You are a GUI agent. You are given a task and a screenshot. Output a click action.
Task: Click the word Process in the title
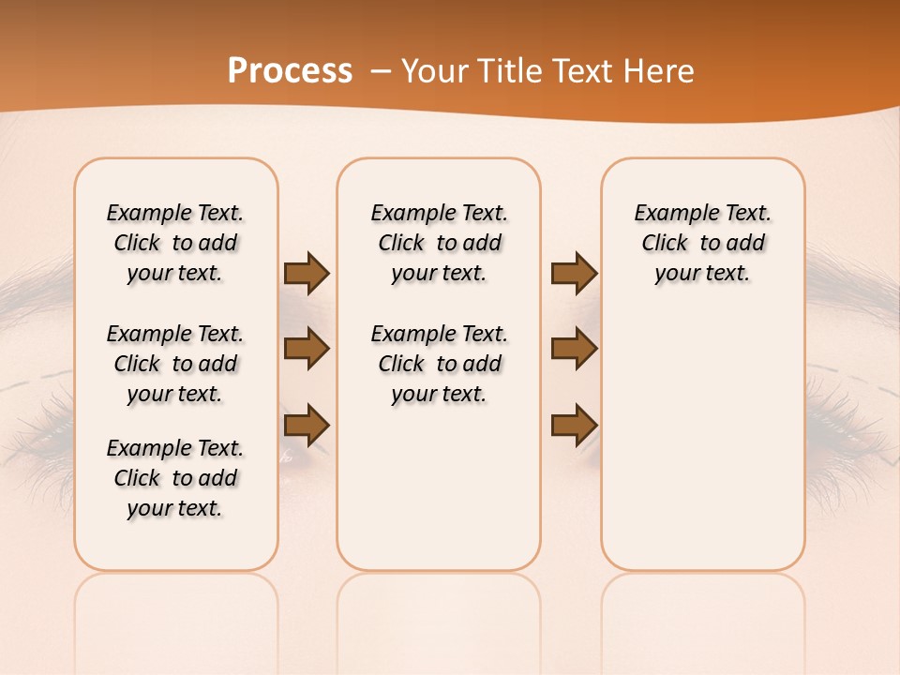290,71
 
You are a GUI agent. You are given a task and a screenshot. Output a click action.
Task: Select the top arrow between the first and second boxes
307,273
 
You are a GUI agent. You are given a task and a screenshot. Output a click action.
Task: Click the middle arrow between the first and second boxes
307,349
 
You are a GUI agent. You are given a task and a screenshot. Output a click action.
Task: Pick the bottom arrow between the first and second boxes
307,425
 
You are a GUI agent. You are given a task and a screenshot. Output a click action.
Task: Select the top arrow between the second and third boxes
574,273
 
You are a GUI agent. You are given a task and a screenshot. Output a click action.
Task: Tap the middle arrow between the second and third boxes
574,349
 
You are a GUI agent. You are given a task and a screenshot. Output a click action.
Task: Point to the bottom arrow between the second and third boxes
574,425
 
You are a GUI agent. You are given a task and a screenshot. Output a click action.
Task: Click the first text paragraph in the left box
175,243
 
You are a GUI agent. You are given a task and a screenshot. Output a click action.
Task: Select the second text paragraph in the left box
175,364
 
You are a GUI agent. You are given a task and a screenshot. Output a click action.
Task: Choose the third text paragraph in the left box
175,478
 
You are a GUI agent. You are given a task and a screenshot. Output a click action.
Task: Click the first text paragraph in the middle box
439,243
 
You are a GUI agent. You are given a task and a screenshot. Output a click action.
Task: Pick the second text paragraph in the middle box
439,364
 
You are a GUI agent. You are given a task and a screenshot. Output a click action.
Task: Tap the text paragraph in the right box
702,243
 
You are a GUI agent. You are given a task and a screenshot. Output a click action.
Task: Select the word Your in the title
429,71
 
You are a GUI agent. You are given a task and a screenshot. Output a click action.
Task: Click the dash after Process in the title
381,71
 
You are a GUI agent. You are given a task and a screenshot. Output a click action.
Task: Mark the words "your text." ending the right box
702,274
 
